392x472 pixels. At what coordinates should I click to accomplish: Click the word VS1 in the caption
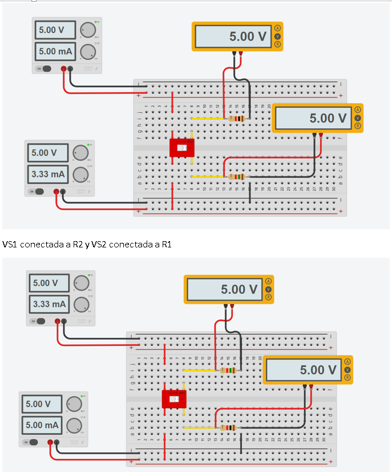tap(10, 245)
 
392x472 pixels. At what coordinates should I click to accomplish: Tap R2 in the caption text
tap(80, 245)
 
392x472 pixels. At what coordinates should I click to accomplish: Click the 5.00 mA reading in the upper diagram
tap(55, 51)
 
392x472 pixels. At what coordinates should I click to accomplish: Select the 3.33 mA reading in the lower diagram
tap(49, 304)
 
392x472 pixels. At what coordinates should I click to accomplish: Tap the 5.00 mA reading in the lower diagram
tap(42, 425)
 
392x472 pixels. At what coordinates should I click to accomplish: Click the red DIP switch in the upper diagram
tap(183, 148)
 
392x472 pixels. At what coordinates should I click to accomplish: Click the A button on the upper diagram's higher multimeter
tap(278, 28)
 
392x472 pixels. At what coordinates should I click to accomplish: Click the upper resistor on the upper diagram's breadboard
tap(236, 119)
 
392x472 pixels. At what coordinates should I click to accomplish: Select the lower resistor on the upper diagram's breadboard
tap(236, 177)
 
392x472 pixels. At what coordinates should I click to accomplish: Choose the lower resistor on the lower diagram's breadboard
tap(228, 428)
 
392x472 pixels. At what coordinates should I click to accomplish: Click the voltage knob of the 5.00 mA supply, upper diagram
tap(87, 30)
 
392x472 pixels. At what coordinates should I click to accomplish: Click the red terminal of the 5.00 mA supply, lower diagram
tap(50, 442)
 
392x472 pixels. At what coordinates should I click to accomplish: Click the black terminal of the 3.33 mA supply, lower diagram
tap(64, 322)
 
